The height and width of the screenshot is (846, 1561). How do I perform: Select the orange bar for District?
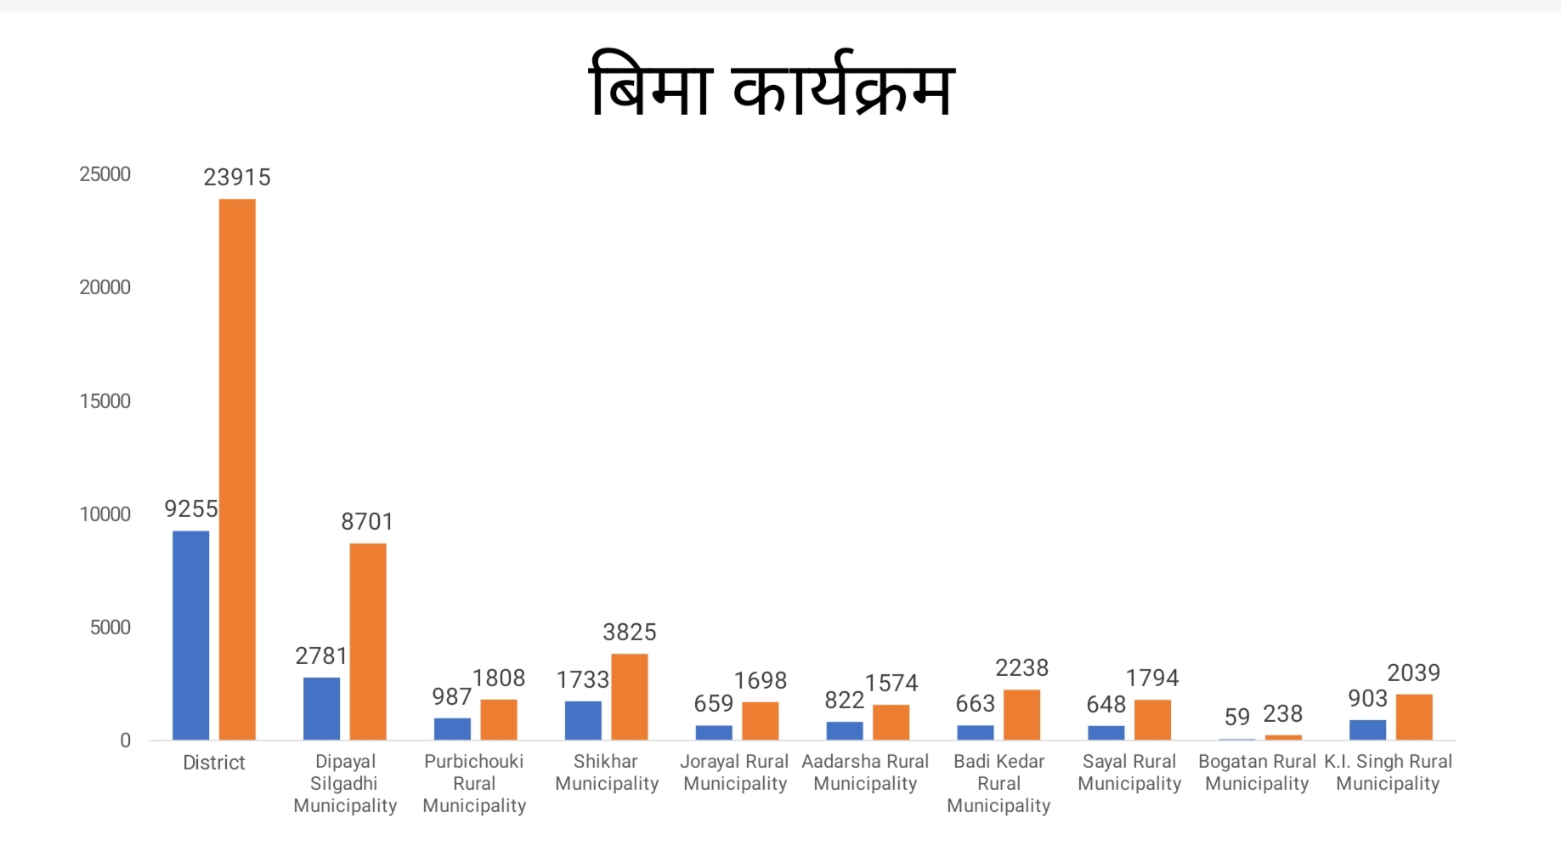237,468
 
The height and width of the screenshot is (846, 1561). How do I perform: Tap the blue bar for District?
190,635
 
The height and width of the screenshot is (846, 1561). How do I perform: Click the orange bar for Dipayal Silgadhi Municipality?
368,641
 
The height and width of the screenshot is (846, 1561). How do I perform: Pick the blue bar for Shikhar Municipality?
583,720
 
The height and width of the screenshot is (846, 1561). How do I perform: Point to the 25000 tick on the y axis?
105,174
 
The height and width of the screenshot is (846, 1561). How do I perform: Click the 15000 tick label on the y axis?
105,401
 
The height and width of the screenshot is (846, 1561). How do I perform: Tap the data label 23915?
237,177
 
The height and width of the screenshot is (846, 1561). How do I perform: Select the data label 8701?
367,521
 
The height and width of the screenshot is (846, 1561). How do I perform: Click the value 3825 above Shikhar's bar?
630,632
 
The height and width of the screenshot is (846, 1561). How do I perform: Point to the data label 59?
1236,717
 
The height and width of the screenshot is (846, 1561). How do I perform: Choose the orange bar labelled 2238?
1021,714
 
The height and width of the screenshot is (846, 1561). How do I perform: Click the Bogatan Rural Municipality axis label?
1257,772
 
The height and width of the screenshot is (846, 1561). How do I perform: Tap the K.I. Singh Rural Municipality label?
1388,772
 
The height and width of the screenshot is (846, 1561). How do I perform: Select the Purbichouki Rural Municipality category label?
474,783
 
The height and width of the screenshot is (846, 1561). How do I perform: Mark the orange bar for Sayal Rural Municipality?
1152,719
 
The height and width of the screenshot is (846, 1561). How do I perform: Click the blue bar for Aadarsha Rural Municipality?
845,730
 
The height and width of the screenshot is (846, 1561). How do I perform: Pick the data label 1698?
761,680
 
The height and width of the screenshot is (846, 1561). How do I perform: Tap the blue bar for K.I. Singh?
1367,730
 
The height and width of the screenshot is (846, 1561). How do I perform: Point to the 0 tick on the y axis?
125,741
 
